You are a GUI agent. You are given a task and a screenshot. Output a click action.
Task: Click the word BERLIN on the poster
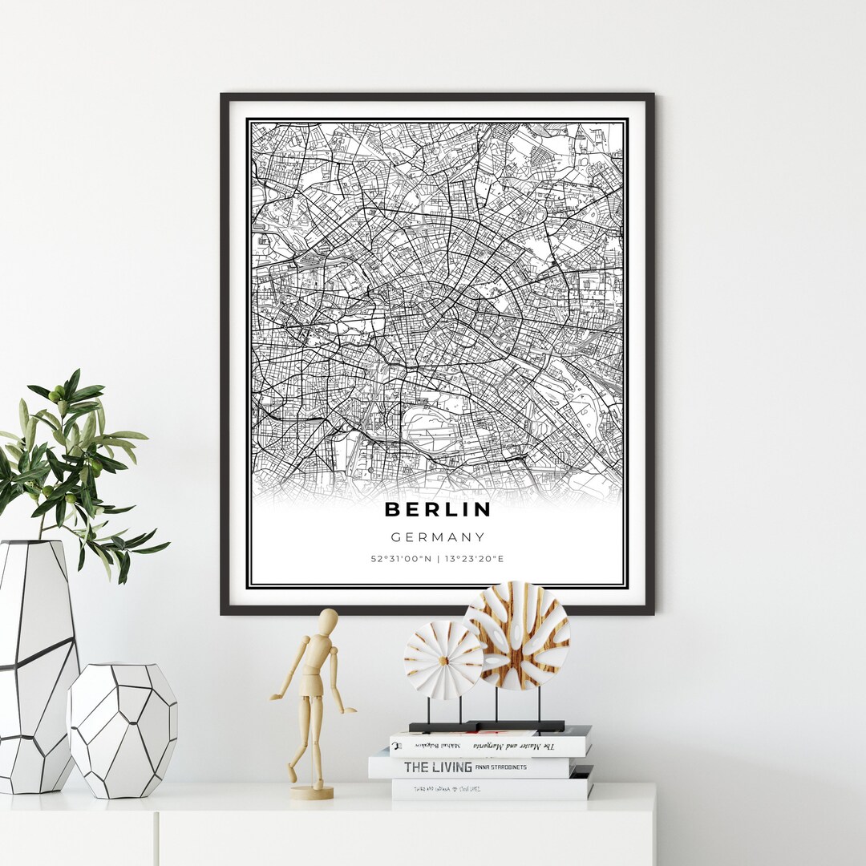(x=437, y=509)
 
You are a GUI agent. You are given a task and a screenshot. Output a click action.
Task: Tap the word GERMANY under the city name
(x=437, y=537)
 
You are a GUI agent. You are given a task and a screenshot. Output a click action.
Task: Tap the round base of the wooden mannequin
(x=312, y=792)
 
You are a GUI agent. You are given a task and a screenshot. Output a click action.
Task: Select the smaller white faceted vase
(x=122, y=730)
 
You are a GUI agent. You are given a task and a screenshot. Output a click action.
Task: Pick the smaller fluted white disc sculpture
(x=443, y=660)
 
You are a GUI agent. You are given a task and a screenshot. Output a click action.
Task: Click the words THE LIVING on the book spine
(x=437, y=767)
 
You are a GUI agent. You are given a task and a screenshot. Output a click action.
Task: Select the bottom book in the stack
(x=491, y=789)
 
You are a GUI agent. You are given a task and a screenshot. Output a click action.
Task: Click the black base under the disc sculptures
(x=487, y=726)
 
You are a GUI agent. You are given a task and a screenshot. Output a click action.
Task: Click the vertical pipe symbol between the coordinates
(x=438, y=559)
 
